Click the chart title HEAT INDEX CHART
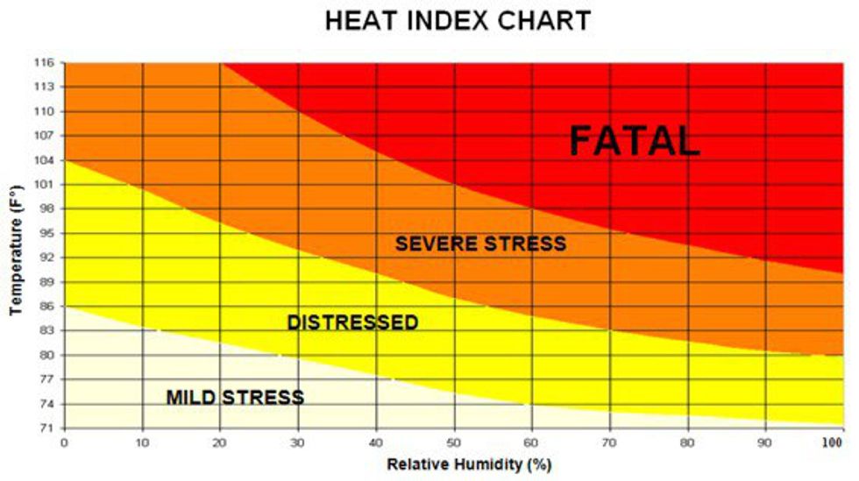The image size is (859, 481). pos(458,21)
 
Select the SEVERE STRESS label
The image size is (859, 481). pos(480,244)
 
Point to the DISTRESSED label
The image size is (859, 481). pos(352,322)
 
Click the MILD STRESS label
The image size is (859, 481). pos(235,398)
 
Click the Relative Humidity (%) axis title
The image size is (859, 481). pos(469,464)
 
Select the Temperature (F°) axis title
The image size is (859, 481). pos(15,251)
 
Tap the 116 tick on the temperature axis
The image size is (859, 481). pos(45,63)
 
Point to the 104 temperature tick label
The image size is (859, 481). pos(45,160)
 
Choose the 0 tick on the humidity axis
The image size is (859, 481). pos(64,442)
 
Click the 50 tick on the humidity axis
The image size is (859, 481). pos(454,442)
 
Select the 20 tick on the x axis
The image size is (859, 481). pos(220,442)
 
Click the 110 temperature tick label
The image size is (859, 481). pos(45,111)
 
